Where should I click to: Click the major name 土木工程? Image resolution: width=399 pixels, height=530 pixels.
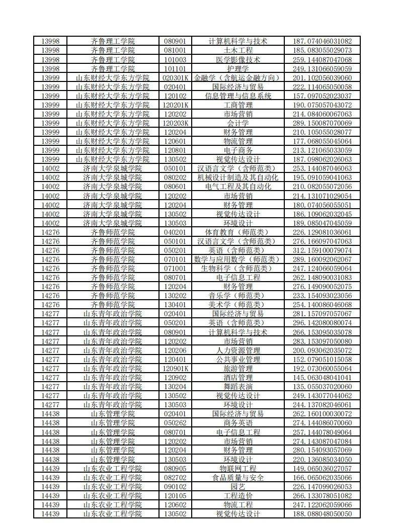238,50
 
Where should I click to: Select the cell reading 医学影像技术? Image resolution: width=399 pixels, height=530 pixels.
238,59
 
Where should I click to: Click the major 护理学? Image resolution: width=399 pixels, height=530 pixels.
238,68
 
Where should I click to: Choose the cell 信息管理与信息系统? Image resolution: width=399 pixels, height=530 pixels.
238,96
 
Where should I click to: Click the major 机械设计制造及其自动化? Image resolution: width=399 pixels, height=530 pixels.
238,178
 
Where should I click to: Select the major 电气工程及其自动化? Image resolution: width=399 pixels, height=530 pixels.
238,187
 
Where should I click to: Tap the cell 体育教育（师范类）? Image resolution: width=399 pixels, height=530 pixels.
238,232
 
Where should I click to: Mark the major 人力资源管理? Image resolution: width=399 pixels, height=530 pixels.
238,350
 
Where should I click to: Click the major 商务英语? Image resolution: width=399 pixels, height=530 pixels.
238,423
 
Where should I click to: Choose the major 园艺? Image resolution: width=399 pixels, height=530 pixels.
238,486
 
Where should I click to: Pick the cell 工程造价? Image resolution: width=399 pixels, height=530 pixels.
238,495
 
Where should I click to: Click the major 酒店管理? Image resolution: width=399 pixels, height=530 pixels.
238,377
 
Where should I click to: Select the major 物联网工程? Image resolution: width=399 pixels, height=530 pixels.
238,468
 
